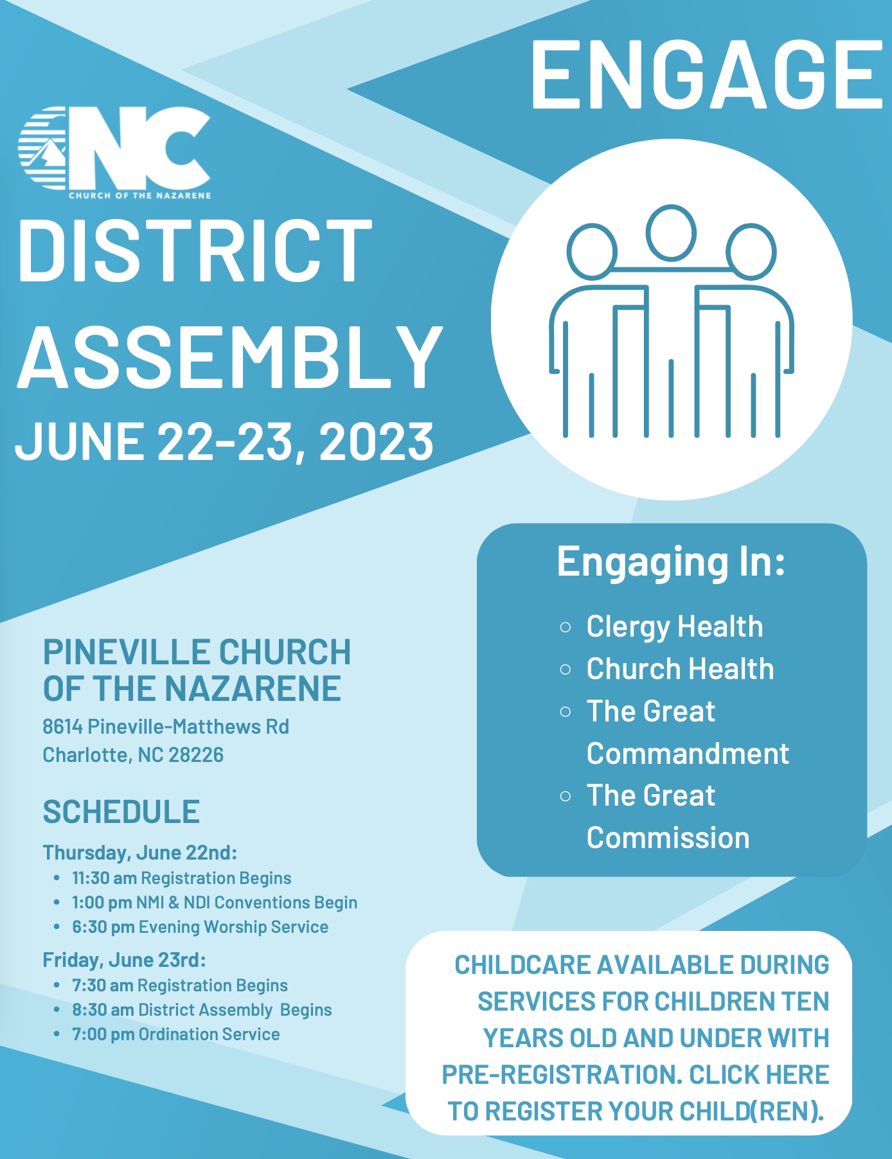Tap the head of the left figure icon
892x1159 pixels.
[x=592, y=251]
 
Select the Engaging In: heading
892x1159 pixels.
[x=671, y=562]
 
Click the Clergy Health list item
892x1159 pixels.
[x=675, y=627]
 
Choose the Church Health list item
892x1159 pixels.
[x=680, y=669]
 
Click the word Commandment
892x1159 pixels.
[x=688, y=754]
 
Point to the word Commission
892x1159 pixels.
[x=668, y=838]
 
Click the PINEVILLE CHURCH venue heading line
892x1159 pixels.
[x=197, y=652]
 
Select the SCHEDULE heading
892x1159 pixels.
[x=121, y=811]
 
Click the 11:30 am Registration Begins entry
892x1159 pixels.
[x=181, y=878]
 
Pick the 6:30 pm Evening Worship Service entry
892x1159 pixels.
[x=200, y=927]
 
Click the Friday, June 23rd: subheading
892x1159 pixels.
[x=124, y=960]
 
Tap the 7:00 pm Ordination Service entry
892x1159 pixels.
[x=176, y=1034]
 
